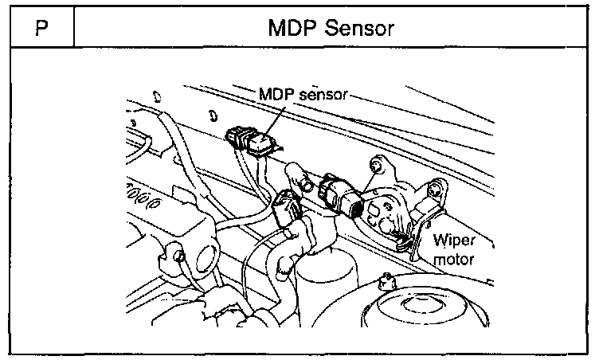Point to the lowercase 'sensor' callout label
[x=321, y=95]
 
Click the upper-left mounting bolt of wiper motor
[x=378, y=167]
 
